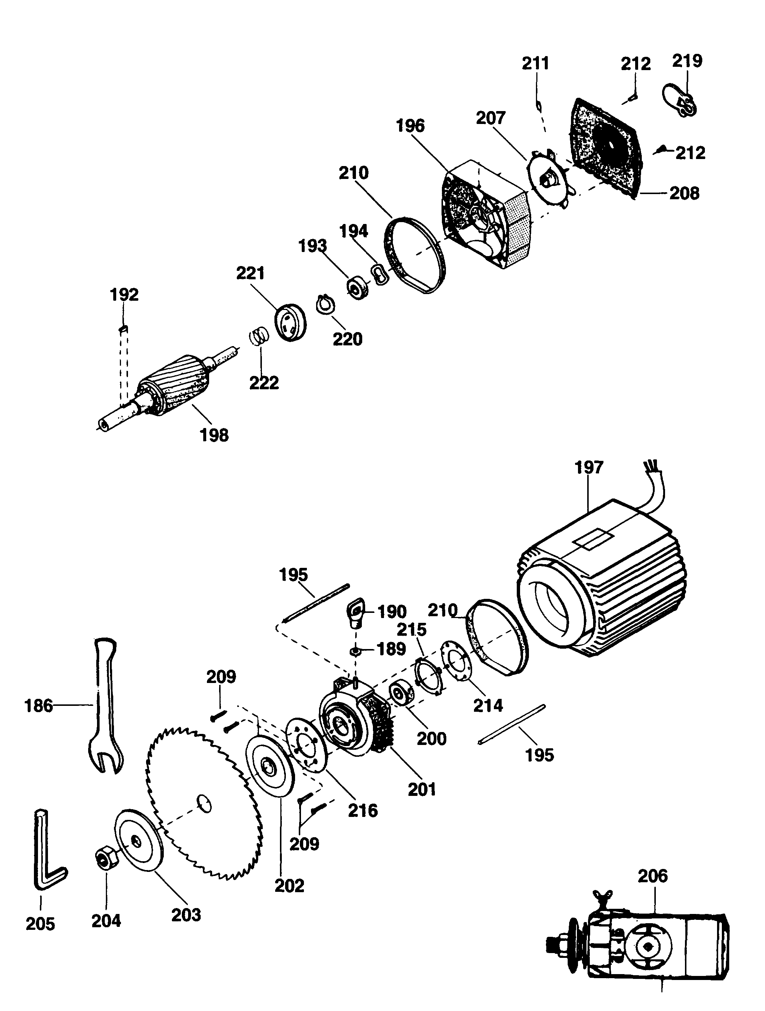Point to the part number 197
click(589, 467)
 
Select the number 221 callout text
click(250, 273)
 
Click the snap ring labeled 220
click(326, 305)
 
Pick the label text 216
click(363, 810)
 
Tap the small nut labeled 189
click(356, 650)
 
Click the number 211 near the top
click(536, 63)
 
